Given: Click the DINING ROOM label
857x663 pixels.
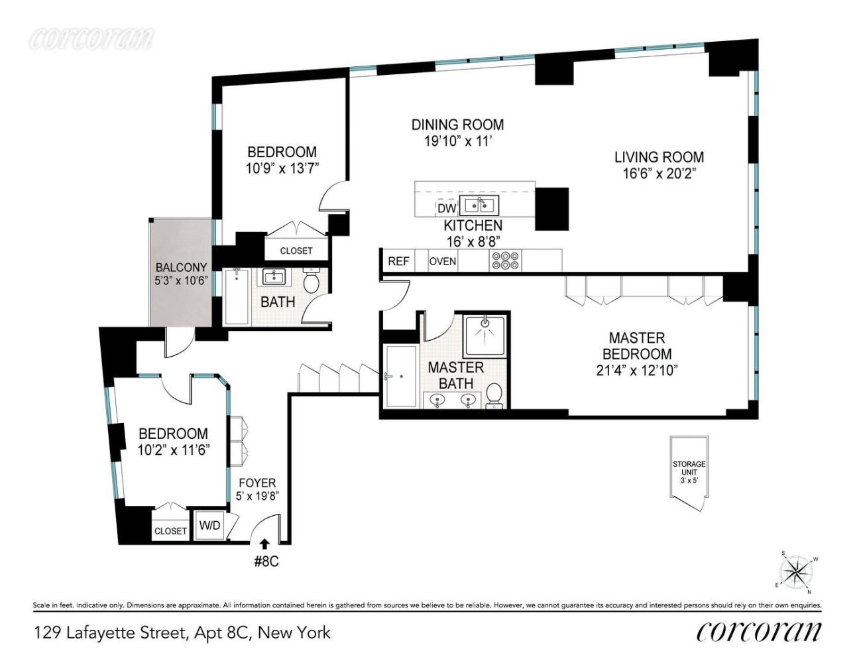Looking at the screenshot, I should pos(457,125).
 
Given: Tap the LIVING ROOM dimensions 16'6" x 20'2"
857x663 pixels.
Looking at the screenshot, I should pos(659,174).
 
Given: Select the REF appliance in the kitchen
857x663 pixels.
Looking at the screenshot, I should pos(398,261).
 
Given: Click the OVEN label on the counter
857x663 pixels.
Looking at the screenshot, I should pos(442,261).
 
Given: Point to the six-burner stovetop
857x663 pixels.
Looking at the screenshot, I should pos(505,261).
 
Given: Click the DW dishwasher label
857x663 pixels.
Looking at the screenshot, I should pos(446,208).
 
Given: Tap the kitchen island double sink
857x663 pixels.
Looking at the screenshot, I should pos(479,206).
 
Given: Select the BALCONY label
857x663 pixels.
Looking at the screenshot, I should pos(181,268).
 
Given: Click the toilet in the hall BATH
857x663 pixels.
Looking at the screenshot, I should pos(312,280).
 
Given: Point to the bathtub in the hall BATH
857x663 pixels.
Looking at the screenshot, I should pos(235,296).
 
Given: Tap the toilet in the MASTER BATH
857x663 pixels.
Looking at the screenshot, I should pos(494,396).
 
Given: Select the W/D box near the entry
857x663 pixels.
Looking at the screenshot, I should pos(209,526).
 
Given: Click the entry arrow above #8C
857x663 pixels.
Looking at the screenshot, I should pos(264,544).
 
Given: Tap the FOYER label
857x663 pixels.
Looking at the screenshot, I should pos(257,483).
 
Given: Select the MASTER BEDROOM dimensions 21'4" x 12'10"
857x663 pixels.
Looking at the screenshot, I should pos(636,371).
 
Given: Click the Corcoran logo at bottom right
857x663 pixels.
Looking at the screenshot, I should pos(758,632).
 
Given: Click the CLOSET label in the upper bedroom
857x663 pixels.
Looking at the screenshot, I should pos(296,251).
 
